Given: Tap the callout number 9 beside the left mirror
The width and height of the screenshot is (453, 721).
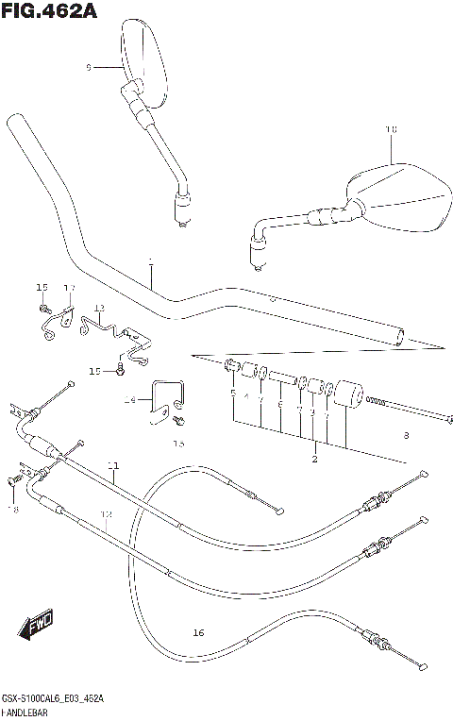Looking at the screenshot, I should (x=88, y=67).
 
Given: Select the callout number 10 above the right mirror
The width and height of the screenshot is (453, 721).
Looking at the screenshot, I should (x=392, y=129).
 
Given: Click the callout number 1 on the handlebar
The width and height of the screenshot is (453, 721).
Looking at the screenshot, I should (x=149, y=261).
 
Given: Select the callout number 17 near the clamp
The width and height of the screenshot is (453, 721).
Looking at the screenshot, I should (x=69, y=288).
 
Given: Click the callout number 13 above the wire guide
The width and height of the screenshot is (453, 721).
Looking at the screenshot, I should (x=99, y=309).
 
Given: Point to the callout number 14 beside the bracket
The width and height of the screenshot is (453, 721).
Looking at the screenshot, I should (x=130, y=401).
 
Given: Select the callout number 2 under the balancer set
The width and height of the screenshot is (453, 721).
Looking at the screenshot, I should (x=314, y=460).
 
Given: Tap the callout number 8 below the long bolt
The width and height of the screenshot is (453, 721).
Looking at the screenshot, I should (x=405, y=435).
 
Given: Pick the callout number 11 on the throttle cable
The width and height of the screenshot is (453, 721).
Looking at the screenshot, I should (x=113, y=465).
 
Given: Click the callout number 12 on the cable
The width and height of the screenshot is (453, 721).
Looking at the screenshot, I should (x=107, y=514).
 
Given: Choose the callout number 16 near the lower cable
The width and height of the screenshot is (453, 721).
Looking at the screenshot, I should (x=197, y=631).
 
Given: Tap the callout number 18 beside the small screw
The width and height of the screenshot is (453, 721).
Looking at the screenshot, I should (x=13, y=509).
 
